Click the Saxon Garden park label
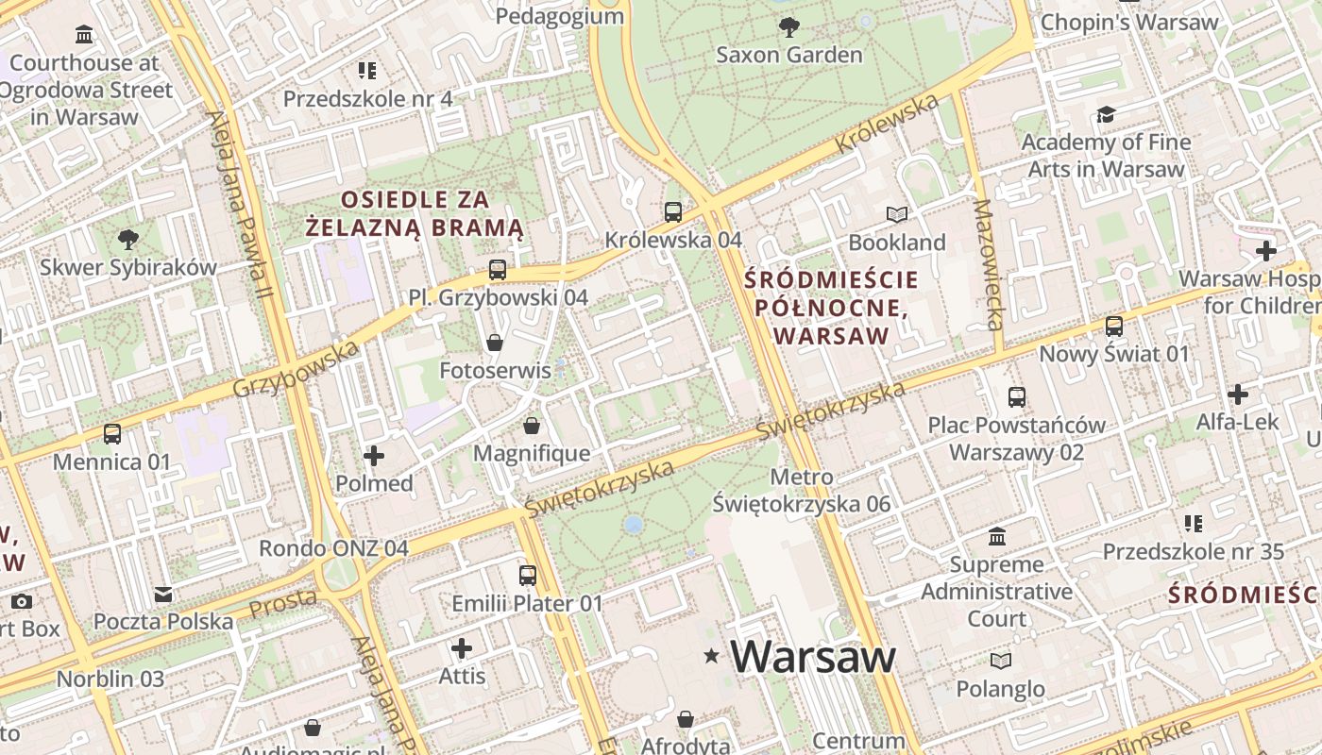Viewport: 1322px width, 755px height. pyautogui.click(x=789, y=55)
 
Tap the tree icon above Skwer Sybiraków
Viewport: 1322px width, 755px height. pyautogui.click(x=127, y=240)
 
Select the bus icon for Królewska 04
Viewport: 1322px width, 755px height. pyautogui.click(x=673, y=212)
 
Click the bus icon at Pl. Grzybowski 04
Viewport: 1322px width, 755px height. pyautogui.click(x=498, y=270)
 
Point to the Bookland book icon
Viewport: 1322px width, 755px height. pyautogui.click(x=896, y=215)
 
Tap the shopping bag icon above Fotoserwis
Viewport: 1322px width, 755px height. pyautogui.click(x=494, y=342)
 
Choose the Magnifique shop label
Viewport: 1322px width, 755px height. pyautogui.click(x=532, y=453)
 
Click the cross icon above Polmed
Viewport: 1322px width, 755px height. pyautogui.click(x=374, y=457)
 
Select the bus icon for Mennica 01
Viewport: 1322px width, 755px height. pyautogui.click(x=112, y=434)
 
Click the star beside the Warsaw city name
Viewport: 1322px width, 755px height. pyautogui.click(x=711, y=656)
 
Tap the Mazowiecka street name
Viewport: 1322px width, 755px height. pyautogui.click(x=988, y=264)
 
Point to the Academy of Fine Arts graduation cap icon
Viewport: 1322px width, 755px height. pyautogui.click(x=1106, y=115)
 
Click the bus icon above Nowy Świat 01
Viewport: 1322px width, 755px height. pyautogui.click(x=1114, y=327)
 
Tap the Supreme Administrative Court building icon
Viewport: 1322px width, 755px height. pyautogui.click(x=996, y=537)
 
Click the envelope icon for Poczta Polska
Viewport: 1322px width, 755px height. pyautogui.click(x=163, y=595)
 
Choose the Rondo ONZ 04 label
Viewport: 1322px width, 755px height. pyautogui.click(x=333, y=548)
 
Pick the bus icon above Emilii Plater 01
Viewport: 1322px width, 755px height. pyautogui.click(x=528, y=576)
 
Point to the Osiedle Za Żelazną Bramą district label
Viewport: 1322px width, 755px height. pyautogui.click(x=415, y=213)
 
